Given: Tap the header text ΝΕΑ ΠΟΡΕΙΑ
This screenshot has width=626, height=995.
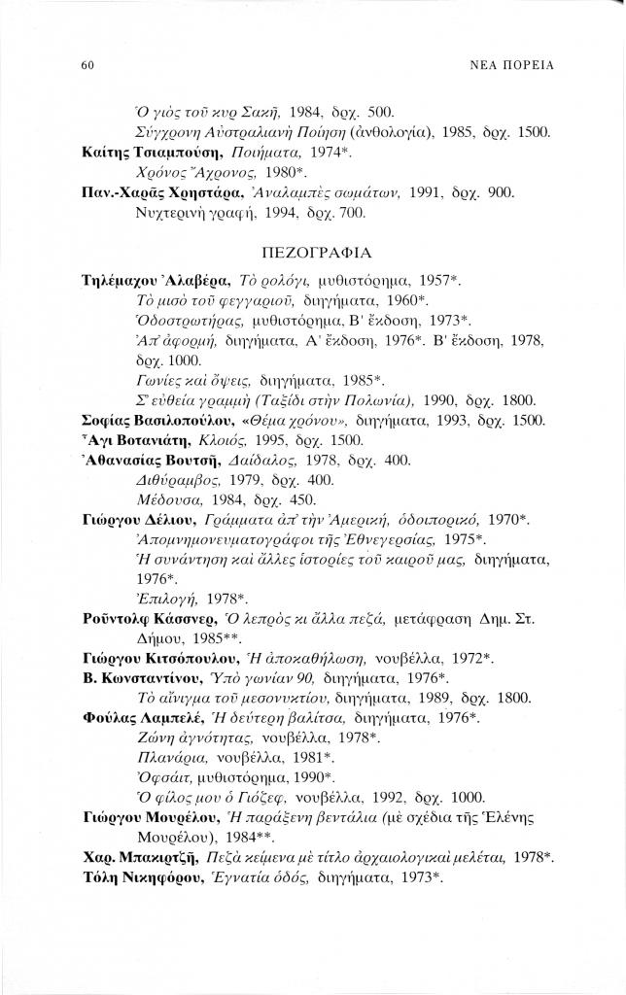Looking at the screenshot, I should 509,65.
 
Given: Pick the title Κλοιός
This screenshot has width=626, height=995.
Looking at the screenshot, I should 232,441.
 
